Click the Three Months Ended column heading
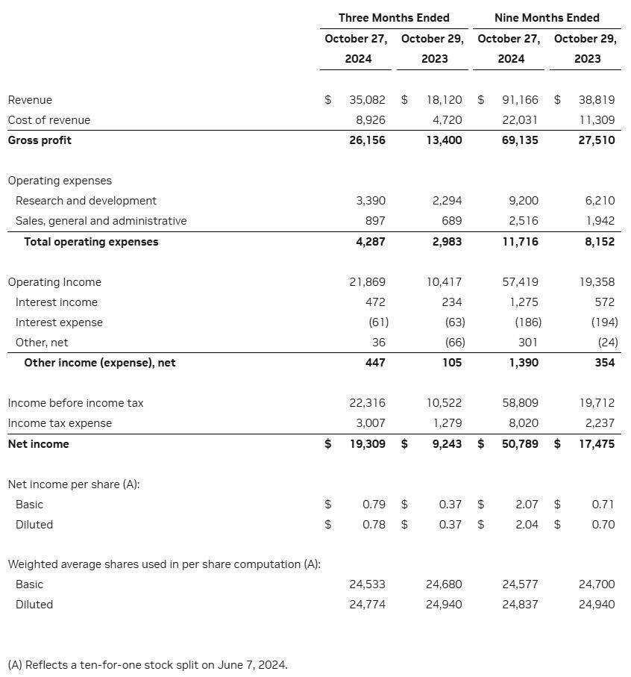(x=394, y=17)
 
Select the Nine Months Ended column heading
(x=547, y=17)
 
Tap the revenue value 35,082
(x=367, y=100)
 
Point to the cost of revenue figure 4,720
(x=447, y=120)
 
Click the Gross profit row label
(x=40, y=140)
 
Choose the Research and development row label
(x=86, y=201)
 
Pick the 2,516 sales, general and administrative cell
(x=523, y=221)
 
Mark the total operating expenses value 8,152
(x=600, y=242)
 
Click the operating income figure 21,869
(x=367, y=282)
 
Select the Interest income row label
(x=56, y=302)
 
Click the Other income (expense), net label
(x=100, y=363)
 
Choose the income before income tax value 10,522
(x=444, y=403)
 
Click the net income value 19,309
(x=367, y=444)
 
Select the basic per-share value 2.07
(x=527, y=505)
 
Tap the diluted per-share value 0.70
(x=603, y=525)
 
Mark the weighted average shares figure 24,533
(x=367, y=584)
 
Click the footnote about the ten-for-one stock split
(x=148, y=664)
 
